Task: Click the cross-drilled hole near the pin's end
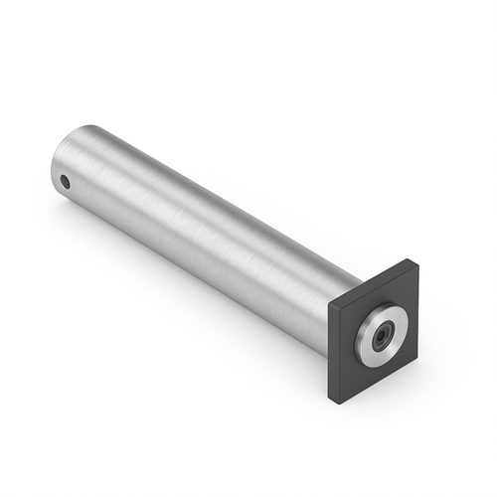tap(65, 182)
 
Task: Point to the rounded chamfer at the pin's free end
tap(57, 164)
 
